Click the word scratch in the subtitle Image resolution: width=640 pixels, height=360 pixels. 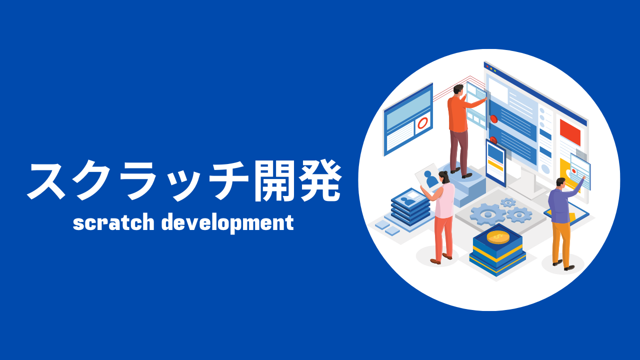click(113, 222)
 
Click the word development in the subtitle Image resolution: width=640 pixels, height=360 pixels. click(227, 223)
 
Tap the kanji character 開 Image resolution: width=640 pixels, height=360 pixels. click(271, 180)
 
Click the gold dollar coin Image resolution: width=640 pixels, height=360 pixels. click(497, 237)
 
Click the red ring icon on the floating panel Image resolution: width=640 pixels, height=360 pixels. click(422, 123)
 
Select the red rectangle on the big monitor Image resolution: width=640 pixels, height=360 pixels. click(570, 132)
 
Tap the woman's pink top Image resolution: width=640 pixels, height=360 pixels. click(444, 200)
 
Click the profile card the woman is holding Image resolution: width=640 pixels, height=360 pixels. click(427, 177)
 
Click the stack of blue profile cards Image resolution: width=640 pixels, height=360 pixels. click(410, 207)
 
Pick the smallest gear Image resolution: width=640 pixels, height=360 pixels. click(508, 202)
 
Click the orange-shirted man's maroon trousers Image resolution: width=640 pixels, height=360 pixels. click(459, 151)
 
